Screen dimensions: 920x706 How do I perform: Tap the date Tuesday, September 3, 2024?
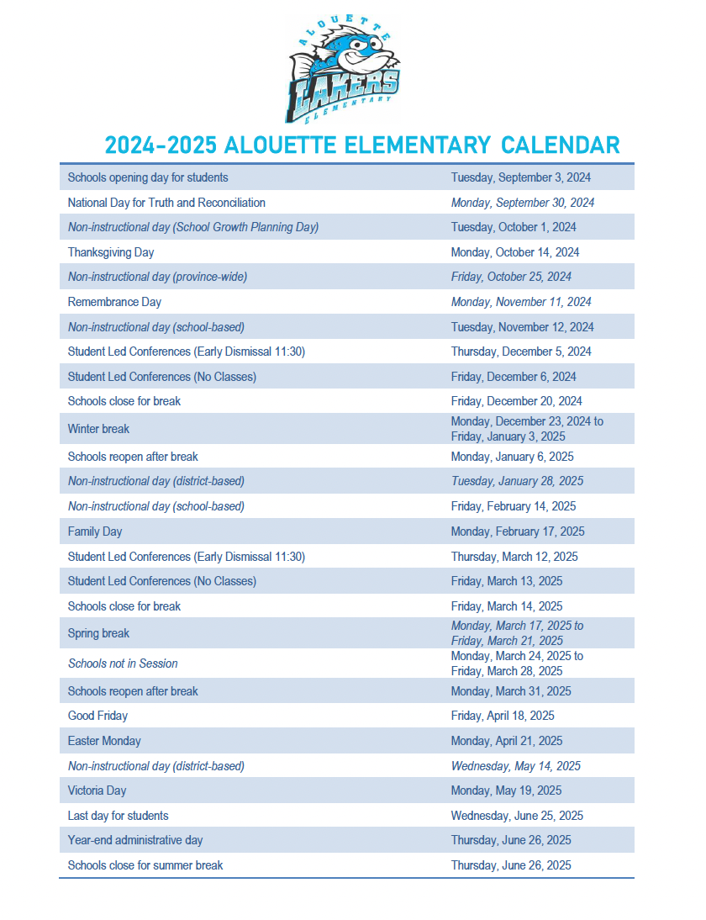point(520,177)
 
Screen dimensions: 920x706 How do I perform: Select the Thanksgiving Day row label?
point(111,252)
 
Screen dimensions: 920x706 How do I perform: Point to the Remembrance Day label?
point(114,302)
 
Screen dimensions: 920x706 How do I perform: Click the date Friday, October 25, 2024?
point(511,277)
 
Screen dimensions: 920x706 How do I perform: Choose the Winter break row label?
point(98,429)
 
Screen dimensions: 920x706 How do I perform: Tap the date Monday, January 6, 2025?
point(513,457)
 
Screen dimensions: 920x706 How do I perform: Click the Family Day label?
point(95,531)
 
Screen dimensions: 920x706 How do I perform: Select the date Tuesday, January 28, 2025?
point(517,481)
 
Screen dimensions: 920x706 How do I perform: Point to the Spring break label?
point(98,633)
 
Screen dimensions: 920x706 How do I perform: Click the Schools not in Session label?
point(123,664)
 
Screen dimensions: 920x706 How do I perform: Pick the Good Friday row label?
point(97,716)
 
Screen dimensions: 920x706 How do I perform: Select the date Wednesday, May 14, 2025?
point(516,766)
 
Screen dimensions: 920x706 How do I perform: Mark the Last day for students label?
point(118,816)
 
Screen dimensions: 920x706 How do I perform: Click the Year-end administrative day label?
point(135,840)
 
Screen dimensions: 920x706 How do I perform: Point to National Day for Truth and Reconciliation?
point(166,203)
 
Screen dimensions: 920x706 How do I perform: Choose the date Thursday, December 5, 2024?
point(521,352)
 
